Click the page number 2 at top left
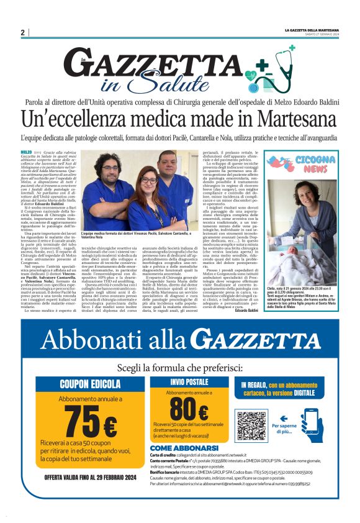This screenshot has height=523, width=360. (22, 32)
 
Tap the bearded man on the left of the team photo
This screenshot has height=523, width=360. (107, 180)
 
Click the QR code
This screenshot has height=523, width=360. (251, 424)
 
